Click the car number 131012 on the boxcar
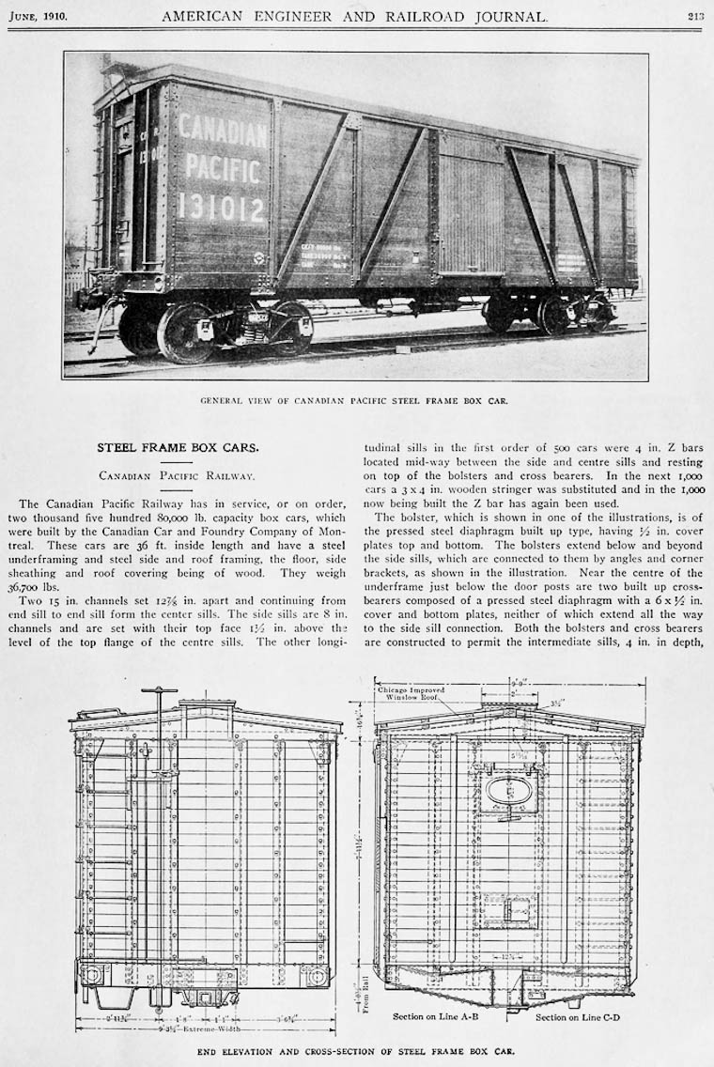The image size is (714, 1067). (x=222, y=206)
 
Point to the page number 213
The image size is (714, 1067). (x=695, y=16)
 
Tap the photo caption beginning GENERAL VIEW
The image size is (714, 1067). (x=354, y=400)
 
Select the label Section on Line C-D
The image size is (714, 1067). (x=578, y=1016)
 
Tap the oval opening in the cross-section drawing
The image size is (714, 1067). (x=510, y=790)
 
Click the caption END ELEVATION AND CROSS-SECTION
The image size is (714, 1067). (x=356, y=1051)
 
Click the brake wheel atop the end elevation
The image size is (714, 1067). (x=159, y=691)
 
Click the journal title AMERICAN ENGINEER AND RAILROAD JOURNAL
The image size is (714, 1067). (x=354, y=16)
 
